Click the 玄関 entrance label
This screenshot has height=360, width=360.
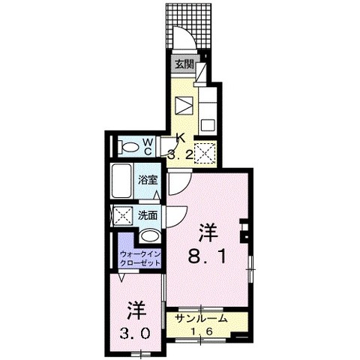pos(184,64)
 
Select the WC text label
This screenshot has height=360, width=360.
pos(148,147)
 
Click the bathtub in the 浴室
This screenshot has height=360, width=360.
pos(121,181)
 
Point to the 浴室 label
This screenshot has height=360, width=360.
pos(148,180)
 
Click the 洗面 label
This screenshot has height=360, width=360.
pos(148,215)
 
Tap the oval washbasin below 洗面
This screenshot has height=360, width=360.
pos(149,236)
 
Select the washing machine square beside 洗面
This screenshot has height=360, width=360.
pos(123,215)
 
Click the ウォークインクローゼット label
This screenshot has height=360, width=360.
pos(140,259)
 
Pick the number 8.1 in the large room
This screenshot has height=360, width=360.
pos(207,257)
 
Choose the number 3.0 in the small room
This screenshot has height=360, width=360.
pos(136,334)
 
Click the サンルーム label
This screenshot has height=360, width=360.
pos(202,319)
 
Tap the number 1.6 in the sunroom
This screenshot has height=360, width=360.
pos(202,331)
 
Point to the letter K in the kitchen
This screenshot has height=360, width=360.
pos(181,138)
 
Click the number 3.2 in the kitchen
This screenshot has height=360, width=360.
pos(180,155)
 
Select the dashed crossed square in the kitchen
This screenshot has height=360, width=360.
pos(205,153)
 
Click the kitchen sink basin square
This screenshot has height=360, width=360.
pos(208,124)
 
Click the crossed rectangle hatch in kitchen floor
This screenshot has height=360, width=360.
pos(184,106)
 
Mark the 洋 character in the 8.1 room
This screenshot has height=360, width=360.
pos(208,233)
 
